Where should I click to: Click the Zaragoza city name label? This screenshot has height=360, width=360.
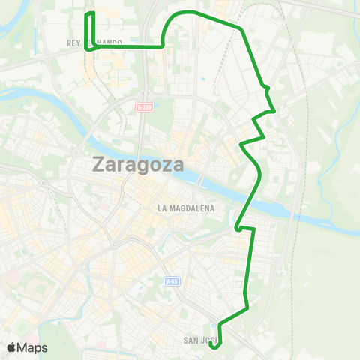(139, 164)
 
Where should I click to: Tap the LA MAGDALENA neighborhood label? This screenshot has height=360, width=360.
(187, 208)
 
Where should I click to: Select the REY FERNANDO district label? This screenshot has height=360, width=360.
(94, 43)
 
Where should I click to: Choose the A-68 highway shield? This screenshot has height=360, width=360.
(172, 280)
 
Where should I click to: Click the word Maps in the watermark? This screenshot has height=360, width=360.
(32, 347)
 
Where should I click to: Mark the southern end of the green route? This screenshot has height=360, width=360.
(214, 346)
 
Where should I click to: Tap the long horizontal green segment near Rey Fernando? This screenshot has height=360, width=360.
(127, 46)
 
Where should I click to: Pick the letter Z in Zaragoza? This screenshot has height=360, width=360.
(100, 164)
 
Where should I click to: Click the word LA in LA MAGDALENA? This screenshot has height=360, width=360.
(162, 208)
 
